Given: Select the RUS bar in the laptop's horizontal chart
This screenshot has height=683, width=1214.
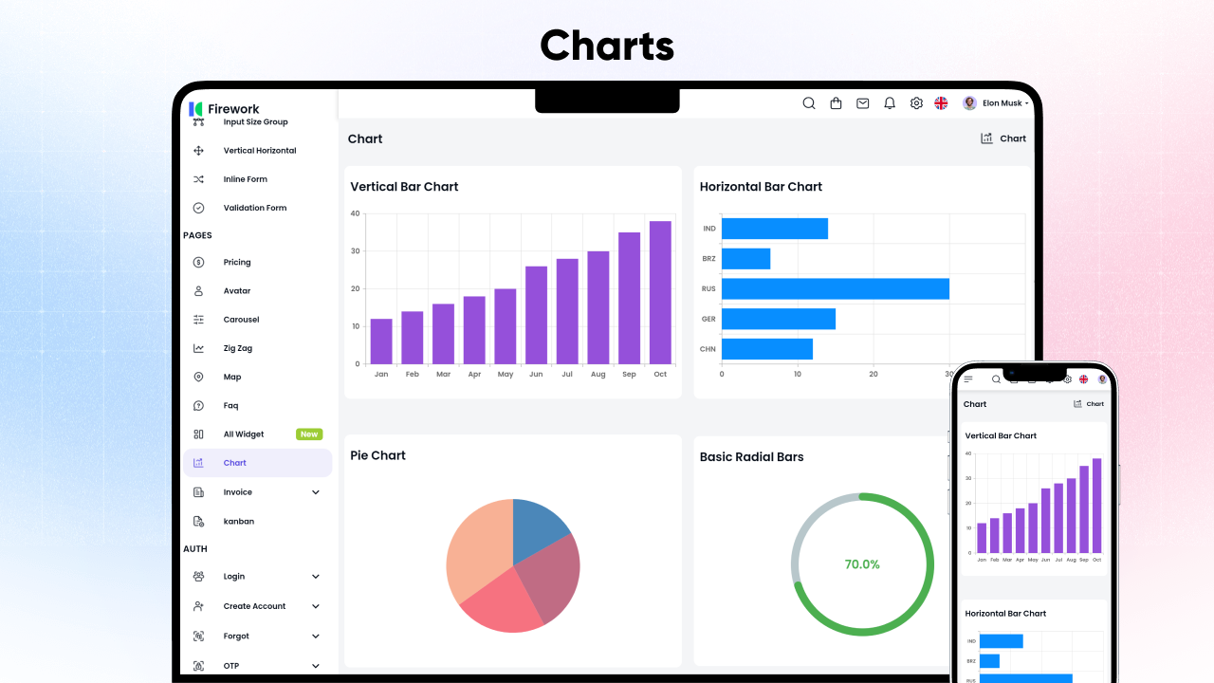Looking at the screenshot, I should (835, 288).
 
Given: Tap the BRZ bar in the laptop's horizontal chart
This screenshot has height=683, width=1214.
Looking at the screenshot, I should (745, 258).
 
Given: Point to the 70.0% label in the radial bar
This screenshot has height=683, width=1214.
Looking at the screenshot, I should (862, 564).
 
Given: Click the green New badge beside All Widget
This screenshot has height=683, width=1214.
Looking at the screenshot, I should (309, 434).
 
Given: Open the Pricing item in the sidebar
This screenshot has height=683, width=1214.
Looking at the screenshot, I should (237, 262).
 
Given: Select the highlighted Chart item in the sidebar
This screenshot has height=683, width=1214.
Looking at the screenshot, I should (235, 463).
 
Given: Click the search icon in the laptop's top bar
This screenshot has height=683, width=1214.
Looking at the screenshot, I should (809, 103).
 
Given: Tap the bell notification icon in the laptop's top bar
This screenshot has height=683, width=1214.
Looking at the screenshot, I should (890, 103).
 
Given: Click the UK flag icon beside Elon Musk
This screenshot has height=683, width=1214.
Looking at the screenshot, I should (941, 103).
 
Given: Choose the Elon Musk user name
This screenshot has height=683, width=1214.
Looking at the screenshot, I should (1002, 103).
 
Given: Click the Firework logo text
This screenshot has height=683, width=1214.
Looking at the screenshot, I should (233, 109).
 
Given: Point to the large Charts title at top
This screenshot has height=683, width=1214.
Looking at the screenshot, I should (607, 46).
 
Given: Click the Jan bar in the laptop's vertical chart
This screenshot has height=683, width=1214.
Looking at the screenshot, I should (381, 341).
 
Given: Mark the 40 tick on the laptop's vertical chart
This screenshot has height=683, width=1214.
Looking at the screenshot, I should (355, 213).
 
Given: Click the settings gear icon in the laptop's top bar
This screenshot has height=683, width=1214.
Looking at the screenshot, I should (916, 103).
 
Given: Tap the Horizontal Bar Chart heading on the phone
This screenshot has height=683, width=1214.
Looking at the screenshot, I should (1005, 614).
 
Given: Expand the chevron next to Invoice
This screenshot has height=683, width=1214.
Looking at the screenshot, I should (316, 492).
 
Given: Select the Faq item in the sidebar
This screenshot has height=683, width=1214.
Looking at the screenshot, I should (230, 406).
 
